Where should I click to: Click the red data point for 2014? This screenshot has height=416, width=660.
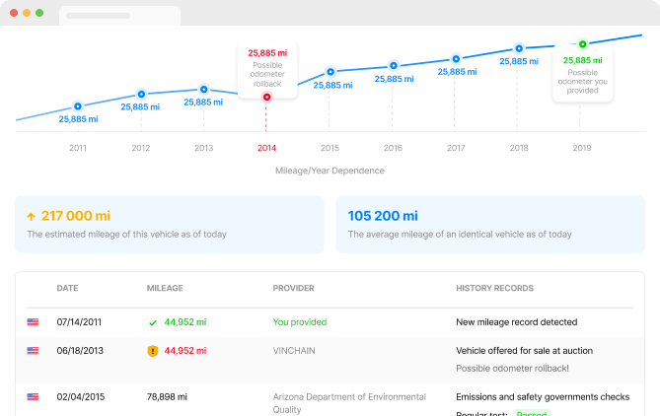[266, 97]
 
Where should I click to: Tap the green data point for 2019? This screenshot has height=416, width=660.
[582, 43]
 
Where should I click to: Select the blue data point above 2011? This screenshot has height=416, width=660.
[78, 106]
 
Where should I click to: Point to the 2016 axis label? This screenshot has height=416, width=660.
[393, 148]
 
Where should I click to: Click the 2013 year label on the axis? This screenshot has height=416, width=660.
[203, 148]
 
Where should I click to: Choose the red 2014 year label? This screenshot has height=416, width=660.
[266, 148]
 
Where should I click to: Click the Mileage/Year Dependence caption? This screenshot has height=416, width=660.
[330, 171]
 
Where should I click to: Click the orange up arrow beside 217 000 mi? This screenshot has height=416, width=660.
[31, 216]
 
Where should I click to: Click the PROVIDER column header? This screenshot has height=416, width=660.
[293, 289]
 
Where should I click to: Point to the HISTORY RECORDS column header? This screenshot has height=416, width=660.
[494, 289]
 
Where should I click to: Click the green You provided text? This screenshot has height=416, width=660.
[299, 321]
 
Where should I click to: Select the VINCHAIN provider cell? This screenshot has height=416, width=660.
[296, 350]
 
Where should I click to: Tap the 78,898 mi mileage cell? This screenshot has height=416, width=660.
[168, 397]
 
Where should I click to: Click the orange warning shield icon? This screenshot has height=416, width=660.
[152, 350]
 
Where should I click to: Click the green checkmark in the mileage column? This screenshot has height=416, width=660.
[152, 322]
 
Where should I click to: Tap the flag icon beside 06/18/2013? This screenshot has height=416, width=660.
[34, 350]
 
